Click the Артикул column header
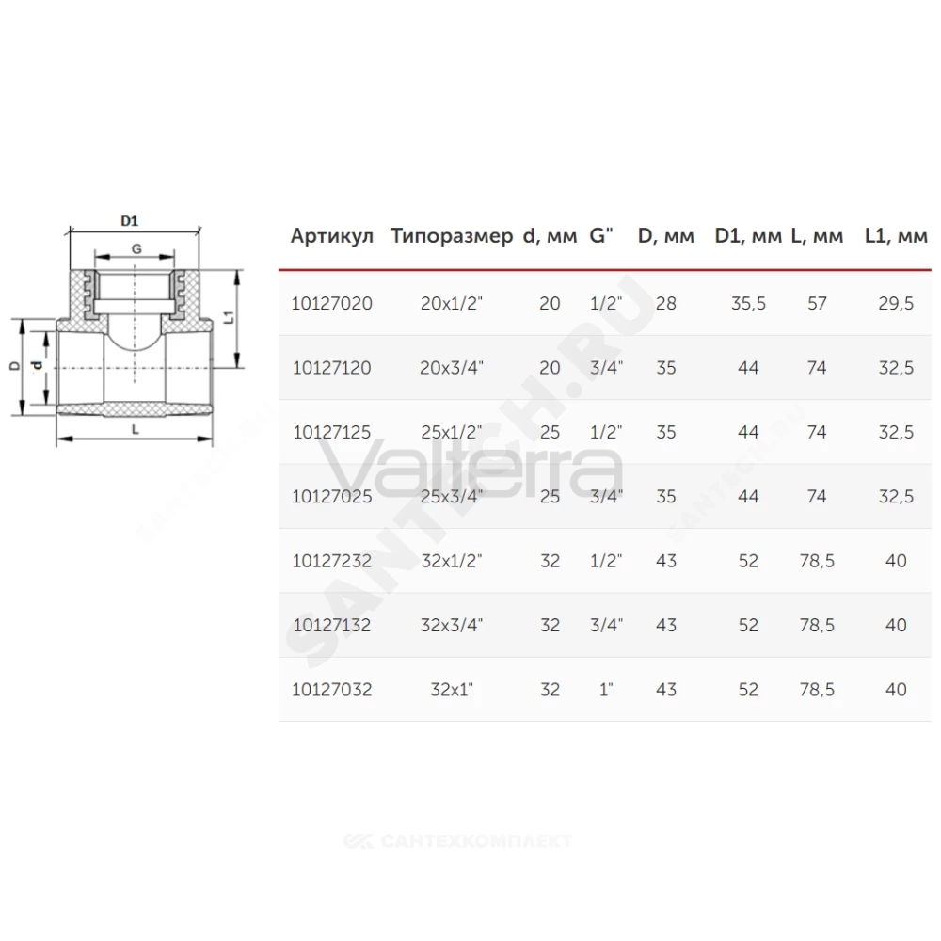point(332,236)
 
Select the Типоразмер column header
point(452,237)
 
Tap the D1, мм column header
point(748,236)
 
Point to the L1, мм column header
point(896,236)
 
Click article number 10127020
point(332,303)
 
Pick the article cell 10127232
point(332,561)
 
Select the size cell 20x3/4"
point(452,367)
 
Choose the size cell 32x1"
point(452,689)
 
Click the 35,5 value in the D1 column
point(748,303)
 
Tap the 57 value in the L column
point(817,303)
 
